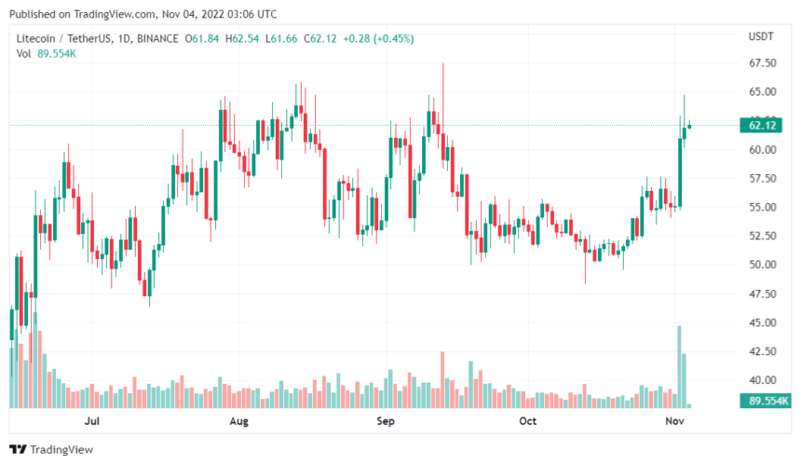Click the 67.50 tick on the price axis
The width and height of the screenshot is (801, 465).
point(763,63)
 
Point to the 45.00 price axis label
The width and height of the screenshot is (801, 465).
point(763,322)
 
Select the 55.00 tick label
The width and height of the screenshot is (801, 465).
point(763,207)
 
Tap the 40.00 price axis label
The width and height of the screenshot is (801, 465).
point(763,380)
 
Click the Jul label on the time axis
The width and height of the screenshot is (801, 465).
point(92,421)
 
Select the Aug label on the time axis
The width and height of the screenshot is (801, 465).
point(239,421)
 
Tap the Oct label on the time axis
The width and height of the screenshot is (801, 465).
point(528,421)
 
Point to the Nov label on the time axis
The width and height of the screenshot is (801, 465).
point(672,421)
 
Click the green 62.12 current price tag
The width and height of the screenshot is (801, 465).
point(763,125)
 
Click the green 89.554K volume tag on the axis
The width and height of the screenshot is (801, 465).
point(763,401)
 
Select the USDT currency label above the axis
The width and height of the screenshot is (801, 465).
point(761,37)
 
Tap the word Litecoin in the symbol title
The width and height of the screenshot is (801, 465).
point(39,38)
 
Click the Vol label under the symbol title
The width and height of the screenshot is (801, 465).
point(25,53)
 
